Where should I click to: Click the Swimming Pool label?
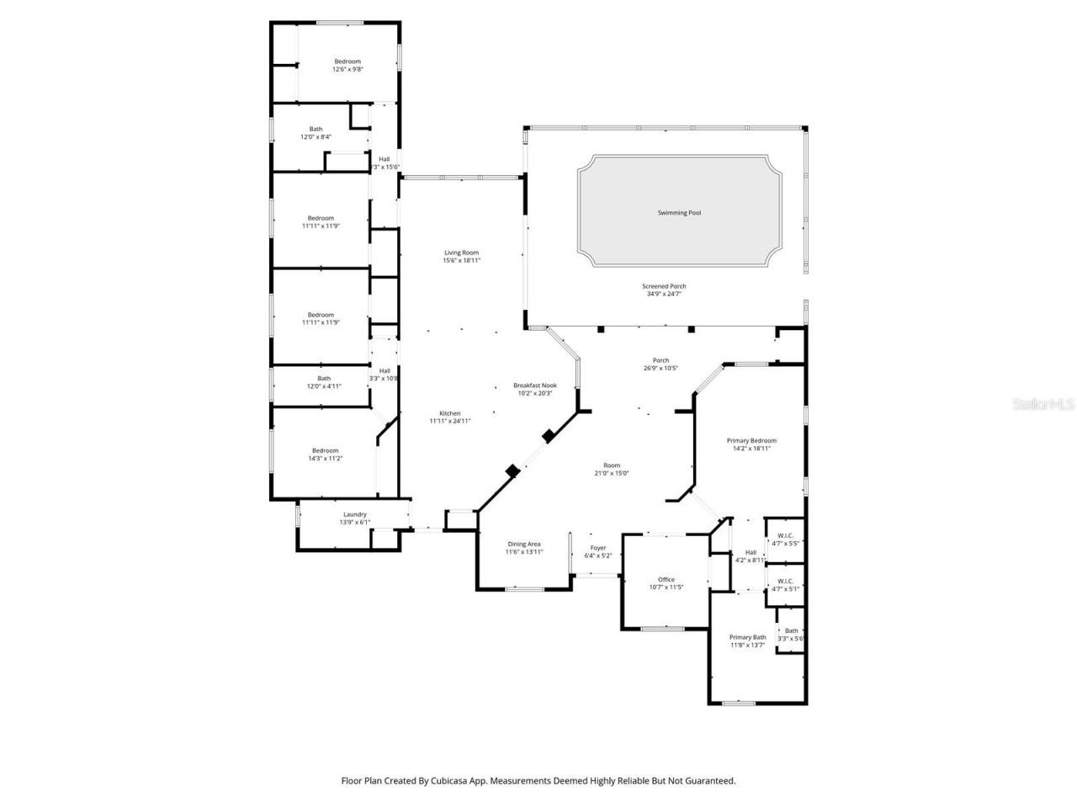(679, 213)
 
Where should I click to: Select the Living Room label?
(461, 252)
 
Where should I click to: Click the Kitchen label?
(450, 413)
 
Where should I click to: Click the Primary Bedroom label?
(751, 440)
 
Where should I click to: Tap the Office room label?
(666, 579)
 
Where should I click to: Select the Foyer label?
(597, 547)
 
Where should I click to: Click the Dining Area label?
(523, 544)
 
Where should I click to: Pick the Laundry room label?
(354, 514)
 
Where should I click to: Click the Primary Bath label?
(747, 637)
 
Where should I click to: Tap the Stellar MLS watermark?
(1043, 405)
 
